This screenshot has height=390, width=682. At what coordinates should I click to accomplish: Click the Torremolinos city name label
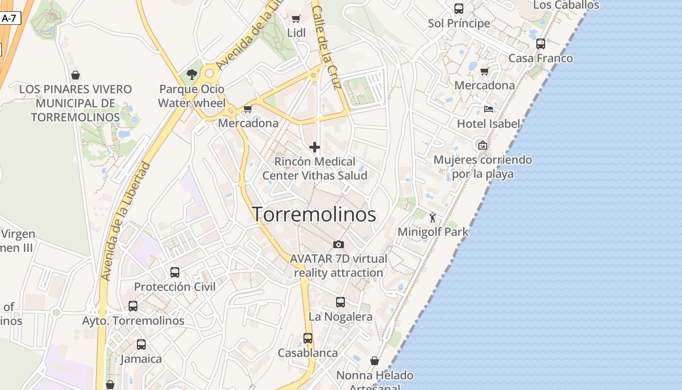click(x=314, y=214)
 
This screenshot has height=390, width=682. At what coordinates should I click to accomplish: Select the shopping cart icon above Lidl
click(x=296, y=19)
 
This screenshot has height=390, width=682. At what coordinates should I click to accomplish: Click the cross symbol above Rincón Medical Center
click(x=315, y=147)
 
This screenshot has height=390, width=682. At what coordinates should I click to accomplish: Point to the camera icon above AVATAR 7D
click(x=339, y=244)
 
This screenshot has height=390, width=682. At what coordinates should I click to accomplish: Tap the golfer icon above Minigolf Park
click(x=433, y=217)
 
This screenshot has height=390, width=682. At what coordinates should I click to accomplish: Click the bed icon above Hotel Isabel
click(x=489, y=109)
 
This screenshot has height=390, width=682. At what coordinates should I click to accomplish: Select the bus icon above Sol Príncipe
click(x=459, y=8)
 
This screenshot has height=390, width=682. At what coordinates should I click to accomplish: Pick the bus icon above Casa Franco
click(x=541, y=44)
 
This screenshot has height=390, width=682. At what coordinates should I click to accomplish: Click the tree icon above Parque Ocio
click(x=192, y=74)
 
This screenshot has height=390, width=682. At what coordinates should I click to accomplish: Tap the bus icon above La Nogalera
click(x=341, y=302)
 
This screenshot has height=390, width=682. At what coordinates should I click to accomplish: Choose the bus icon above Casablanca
click(x=308, y=338)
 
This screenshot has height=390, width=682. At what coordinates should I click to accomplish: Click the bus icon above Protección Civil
click(x=175, y=273)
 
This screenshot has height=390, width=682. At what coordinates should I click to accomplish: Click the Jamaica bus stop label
click(x=141, y=359)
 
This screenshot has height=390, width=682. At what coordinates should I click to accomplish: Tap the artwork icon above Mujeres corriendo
click(x=482, y=145)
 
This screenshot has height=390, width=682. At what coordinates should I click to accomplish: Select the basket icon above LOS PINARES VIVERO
click(x=76, y=75)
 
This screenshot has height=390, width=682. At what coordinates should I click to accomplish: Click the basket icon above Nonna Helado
click(x=375, y=361)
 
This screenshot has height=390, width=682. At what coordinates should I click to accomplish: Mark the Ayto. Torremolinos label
click(x=133, y=321)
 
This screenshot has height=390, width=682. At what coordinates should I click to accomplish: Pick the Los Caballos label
click(x=566, y=5)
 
